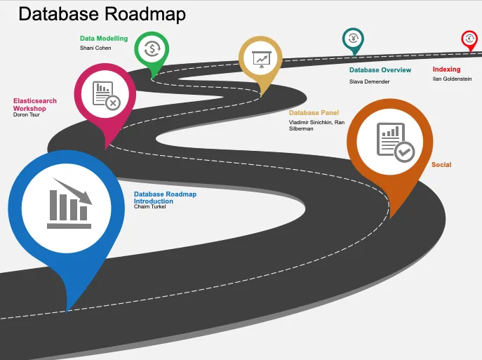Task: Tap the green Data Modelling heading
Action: click(x=104, y=39)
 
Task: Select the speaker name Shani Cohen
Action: click(x=95, y=48)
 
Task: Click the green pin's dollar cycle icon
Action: click(x=152, y=49)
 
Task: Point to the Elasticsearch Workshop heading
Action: click(x=35, y=105)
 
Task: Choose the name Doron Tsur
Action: click(x=28, y=114)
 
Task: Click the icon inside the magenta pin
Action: click(x=106, y=95)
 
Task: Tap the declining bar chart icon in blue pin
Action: click(x=69, y=204)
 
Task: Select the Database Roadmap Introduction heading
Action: click(x=165, y=197)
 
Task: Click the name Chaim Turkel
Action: click(x=149, y=206)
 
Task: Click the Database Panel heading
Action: click(x=314, y=112)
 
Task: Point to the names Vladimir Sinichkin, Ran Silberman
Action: click(x=316, y=125)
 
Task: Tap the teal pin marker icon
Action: click(x=353, y=39)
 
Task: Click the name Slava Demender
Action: click(x=369, y=81)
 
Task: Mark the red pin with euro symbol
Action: click(x=469, y=39)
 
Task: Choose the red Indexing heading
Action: click(x=446, y=69)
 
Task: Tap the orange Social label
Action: click(x=441, y=165)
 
